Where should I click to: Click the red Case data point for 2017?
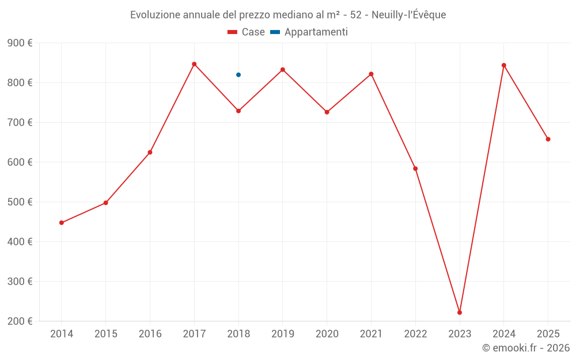coord(194,64)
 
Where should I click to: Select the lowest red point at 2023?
coord(460,312)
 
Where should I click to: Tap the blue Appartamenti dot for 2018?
coord(238,75)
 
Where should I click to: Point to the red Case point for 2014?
coord(62,223)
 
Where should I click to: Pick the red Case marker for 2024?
coord(504,65)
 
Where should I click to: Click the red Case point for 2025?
coord(548,139)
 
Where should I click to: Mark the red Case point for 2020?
coord(327,112)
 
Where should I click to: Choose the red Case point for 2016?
coord(150,152)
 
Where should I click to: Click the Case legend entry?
coord(247,32)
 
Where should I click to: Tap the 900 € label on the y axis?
coord(20,43)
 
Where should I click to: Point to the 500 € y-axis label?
coord(20,202)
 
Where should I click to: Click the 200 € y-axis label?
coord(20,321)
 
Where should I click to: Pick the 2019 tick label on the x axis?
coord(283,334)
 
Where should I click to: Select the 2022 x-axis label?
coord(415,334)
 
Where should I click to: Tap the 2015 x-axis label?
coord(106,334)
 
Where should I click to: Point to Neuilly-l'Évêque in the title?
coord(409,15)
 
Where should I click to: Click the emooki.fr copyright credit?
coord(526,348)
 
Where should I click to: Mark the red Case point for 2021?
coord(371,74)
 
